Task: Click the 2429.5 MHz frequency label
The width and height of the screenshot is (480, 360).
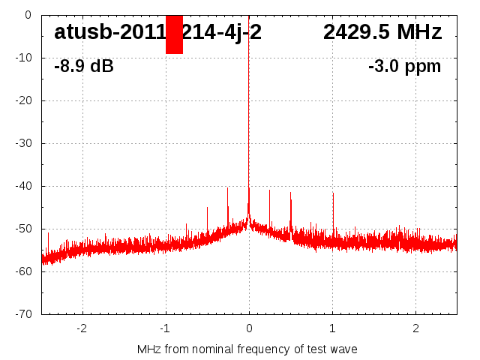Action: pyautogui.click(x=382, y=33)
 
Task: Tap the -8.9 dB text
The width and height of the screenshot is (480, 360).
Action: pyautogui.click(x=84, y=66)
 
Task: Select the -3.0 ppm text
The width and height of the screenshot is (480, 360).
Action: pyautogui.click(x=404, y=66)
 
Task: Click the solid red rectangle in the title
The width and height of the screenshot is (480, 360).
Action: pyautogui.click(x=174, y=34)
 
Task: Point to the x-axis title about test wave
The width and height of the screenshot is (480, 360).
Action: pyautogui.click(x=247, y=349)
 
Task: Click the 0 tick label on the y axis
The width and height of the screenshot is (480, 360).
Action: pyautogui.click(x=27, y=14)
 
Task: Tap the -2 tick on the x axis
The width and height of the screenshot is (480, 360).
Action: pyautogui.click(x=82, y=328)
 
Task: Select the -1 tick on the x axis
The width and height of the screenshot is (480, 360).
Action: pyautogui.click(x=165, y=328)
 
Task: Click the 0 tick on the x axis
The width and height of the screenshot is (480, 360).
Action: pyautogui.click(x=249, y=328)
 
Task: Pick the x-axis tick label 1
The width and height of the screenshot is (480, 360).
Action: pyautogui.click(x=332, y=328)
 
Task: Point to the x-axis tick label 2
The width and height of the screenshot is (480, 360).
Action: pyautogui.click(x=415, y=328)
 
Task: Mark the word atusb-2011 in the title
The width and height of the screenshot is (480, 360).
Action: pyautogui.click(x=109, y=33)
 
